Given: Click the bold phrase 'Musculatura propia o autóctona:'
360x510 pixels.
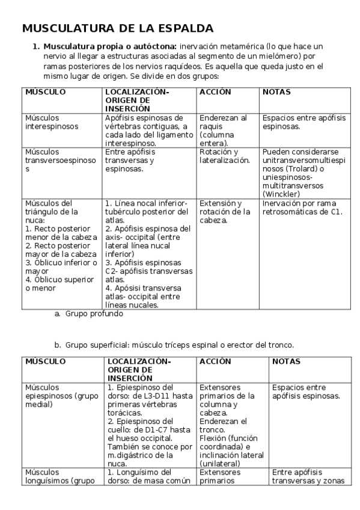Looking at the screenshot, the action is (x=110, y=46).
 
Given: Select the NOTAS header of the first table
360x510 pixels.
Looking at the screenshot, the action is (x=276, y=92).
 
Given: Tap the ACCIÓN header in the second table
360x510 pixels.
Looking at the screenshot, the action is (x=215, y=361).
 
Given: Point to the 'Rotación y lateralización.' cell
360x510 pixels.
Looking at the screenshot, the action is (x=224, y=156).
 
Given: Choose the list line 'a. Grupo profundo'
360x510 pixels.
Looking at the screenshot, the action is (x=88, y=314).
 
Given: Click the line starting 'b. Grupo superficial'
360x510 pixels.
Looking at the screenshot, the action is (x=174, y=345).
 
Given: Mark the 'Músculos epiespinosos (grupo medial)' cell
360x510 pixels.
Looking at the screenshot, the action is (x=53, y=396).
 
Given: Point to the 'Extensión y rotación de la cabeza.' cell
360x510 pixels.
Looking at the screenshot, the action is (x=224, y=212).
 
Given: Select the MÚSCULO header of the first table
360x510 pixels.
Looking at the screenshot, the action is (x=45, y=92).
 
